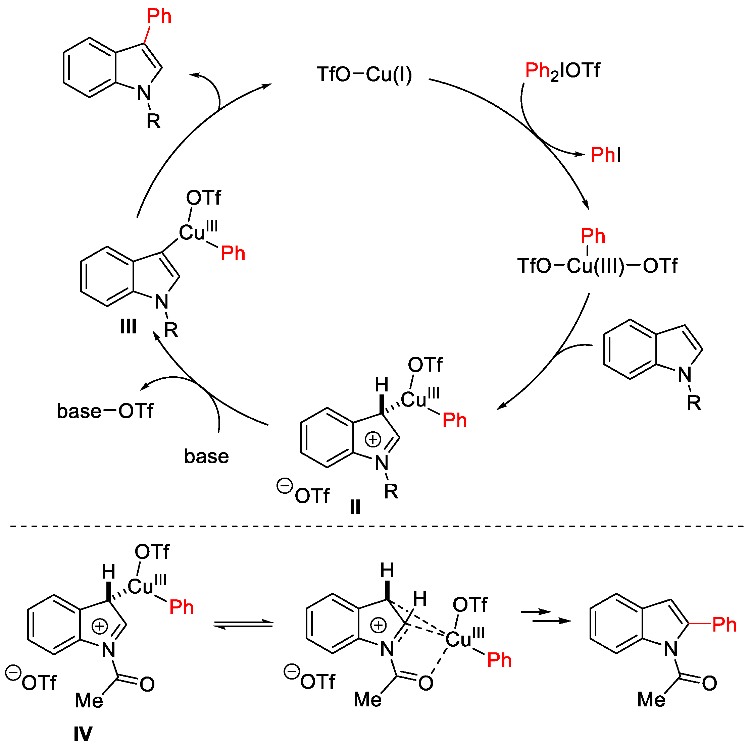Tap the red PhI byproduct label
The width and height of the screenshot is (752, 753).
click(605, 155)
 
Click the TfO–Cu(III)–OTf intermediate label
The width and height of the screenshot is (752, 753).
click(597, 266)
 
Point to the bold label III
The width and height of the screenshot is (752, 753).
click(128, 326)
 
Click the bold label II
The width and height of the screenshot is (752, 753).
click(355, 507)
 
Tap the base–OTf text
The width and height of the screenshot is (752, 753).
click(105, 411)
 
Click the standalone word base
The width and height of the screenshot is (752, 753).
click(206, 456)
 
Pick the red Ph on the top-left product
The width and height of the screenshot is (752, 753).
click(159, 16)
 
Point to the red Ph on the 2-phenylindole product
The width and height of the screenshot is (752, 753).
click(724, 625)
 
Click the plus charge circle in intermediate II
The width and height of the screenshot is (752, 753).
click(373, 440)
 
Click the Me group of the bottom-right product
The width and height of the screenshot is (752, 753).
click(651, 700)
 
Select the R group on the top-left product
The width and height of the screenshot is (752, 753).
click(154, 122)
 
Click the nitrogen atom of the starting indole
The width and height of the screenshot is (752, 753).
click(685, 375)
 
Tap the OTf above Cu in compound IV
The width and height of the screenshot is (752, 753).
click(152, 552)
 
